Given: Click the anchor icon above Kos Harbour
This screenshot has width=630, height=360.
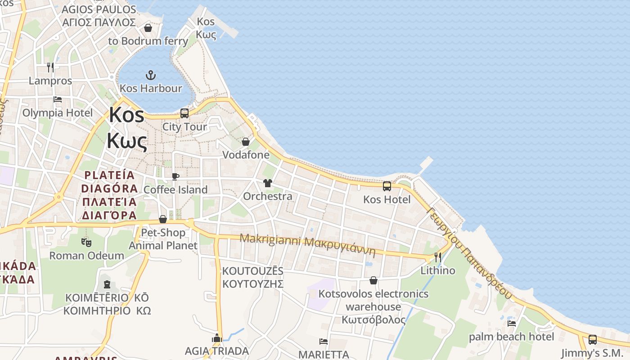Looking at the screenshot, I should (151, 75).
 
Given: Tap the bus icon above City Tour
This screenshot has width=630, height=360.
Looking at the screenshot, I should (184, 113).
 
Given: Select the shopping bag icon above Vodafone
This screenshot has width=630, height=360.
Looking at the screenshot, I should (246, 142).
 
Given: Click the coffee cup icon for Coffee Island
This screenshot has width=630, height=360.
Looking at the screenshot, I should (175, 176).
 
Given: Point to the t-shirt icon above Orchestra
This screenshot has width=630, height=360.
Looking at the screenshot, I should (268, 183).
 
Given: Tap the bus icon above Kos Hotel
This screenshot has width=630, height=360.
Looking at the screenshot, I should (387, 186).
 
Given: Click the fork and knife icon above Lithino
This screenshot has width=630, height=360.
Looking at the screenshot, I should (437, 257).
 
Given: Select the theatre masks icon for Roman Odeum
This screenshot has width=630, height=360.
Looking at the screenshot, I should (86, 243).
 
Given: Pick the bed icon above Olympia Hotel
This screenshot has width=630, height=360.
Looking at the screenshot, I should (58, 99).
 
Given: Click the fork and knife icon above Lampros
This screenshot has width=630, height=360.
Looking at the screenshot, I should (50, 67).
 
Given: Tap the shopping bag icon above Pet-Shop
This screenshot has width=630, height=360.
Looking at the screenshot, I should (163, 219).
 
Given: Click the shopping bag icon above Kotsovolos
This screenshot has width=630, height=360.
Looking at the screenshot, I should (373, 281).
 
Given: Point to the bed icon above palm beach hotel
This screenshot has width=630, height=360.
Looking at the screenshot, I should (512, 323).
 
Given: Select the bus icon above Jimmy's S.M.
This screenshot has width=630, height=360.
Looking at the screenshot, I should (593, 340).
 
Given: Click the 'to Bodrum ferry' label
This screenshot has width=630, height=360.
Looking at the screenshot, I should (148, 41).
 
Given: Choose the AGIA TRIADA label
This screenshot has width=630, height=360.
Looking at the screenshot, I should (217, 351).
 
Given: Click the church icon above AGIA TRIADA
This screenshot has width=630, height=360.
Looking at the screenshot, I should (217, 338).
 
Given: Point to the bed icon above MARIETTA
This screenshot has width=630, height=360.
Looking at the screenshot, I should (324, 341).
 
